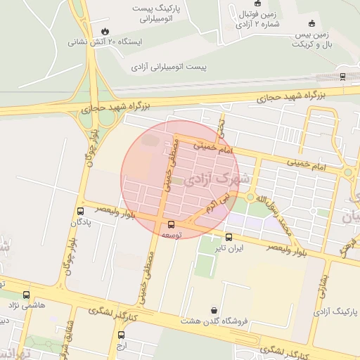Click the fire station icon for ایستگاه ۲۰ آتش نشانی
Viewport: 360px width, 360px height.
tap(105, 31)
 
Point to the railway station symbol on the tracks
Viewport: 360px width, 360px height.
tap(342, 76)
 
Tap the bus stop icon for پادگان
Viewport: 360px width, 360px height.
tap(80, 211)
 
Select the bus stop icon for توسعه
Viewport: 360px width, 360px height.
tap(171, 225)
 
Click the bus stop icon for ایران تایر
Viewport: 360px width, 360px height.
tap(229, 237)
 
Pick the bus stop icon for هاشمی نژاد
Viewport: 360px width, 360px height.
tap(26, 295)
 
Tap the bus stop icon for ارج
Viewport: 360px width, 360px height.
tap(121, 335)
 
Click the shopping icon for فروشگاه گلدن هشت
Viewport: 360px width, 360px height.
tap(214, 309)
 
